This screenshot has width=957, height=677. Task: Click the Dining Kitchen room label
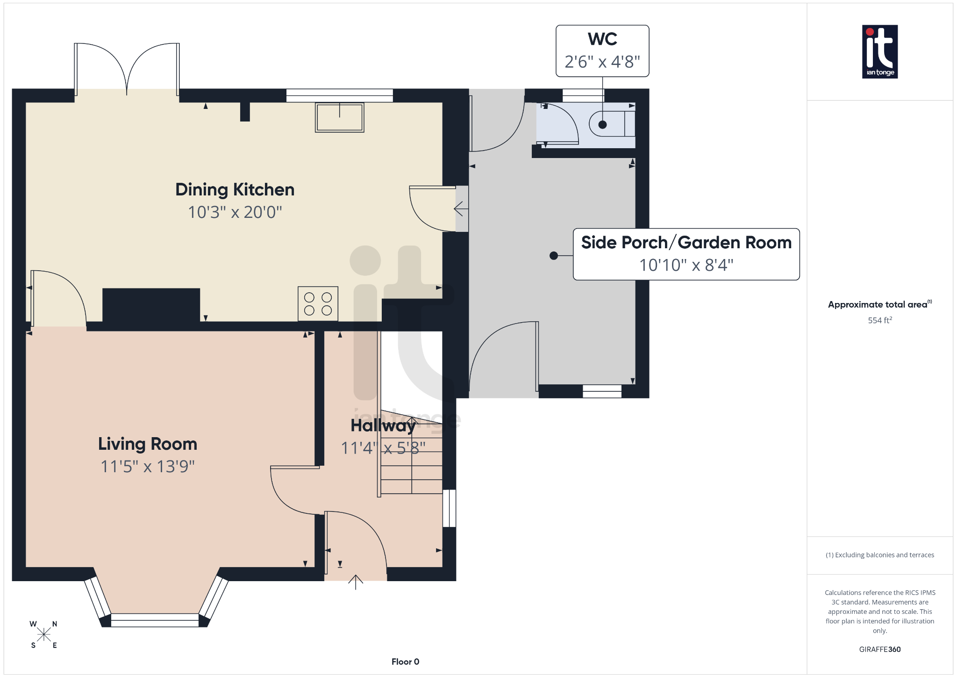click(x=235, y=190)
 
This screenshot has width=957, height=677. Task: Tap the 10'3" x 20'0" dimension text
click(x=235, y=212)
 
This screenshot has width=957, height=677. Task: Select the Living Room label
click(x=148, y=444)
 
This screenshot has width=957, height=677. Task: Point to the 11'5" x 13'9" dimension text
click(x=148, y=467)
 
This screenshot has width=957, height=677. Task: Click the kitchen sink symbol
click(x=339, y=117)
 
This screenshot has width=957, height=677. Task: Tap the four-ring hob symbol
click(x=318, y=304)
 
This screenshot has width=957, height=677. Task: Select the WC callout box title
click(x=602, y=39)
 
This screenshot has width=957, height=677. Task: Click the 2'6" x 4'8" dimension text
click(x=602, y=62)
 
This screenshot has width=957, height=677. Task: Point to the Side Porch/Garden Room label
click(x=686, y=243)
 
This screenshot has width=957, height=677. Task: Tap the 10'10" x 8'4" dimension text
click(x=686, y=265)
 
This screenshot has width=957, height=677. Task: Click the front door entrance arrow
click(x=356, y=582)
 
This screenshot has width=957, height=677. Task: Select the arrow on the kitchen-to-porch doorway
click(x=461, y=209)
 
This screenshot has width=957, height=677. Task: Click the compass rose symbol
click(x=44, y=634)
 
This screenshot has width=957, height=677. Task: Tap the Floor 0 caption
click(x=405, y=662)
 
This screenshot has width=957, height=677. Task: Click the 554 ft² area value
click(x=879, y=320)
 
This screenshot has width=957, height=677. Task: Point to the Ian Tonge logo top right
click(x=879, y=51)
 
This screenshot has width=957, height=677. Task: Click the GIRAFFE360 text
click(x=879, y=649)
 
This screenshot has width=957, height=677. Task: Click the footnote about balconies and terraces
click(x=879, y=555)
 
